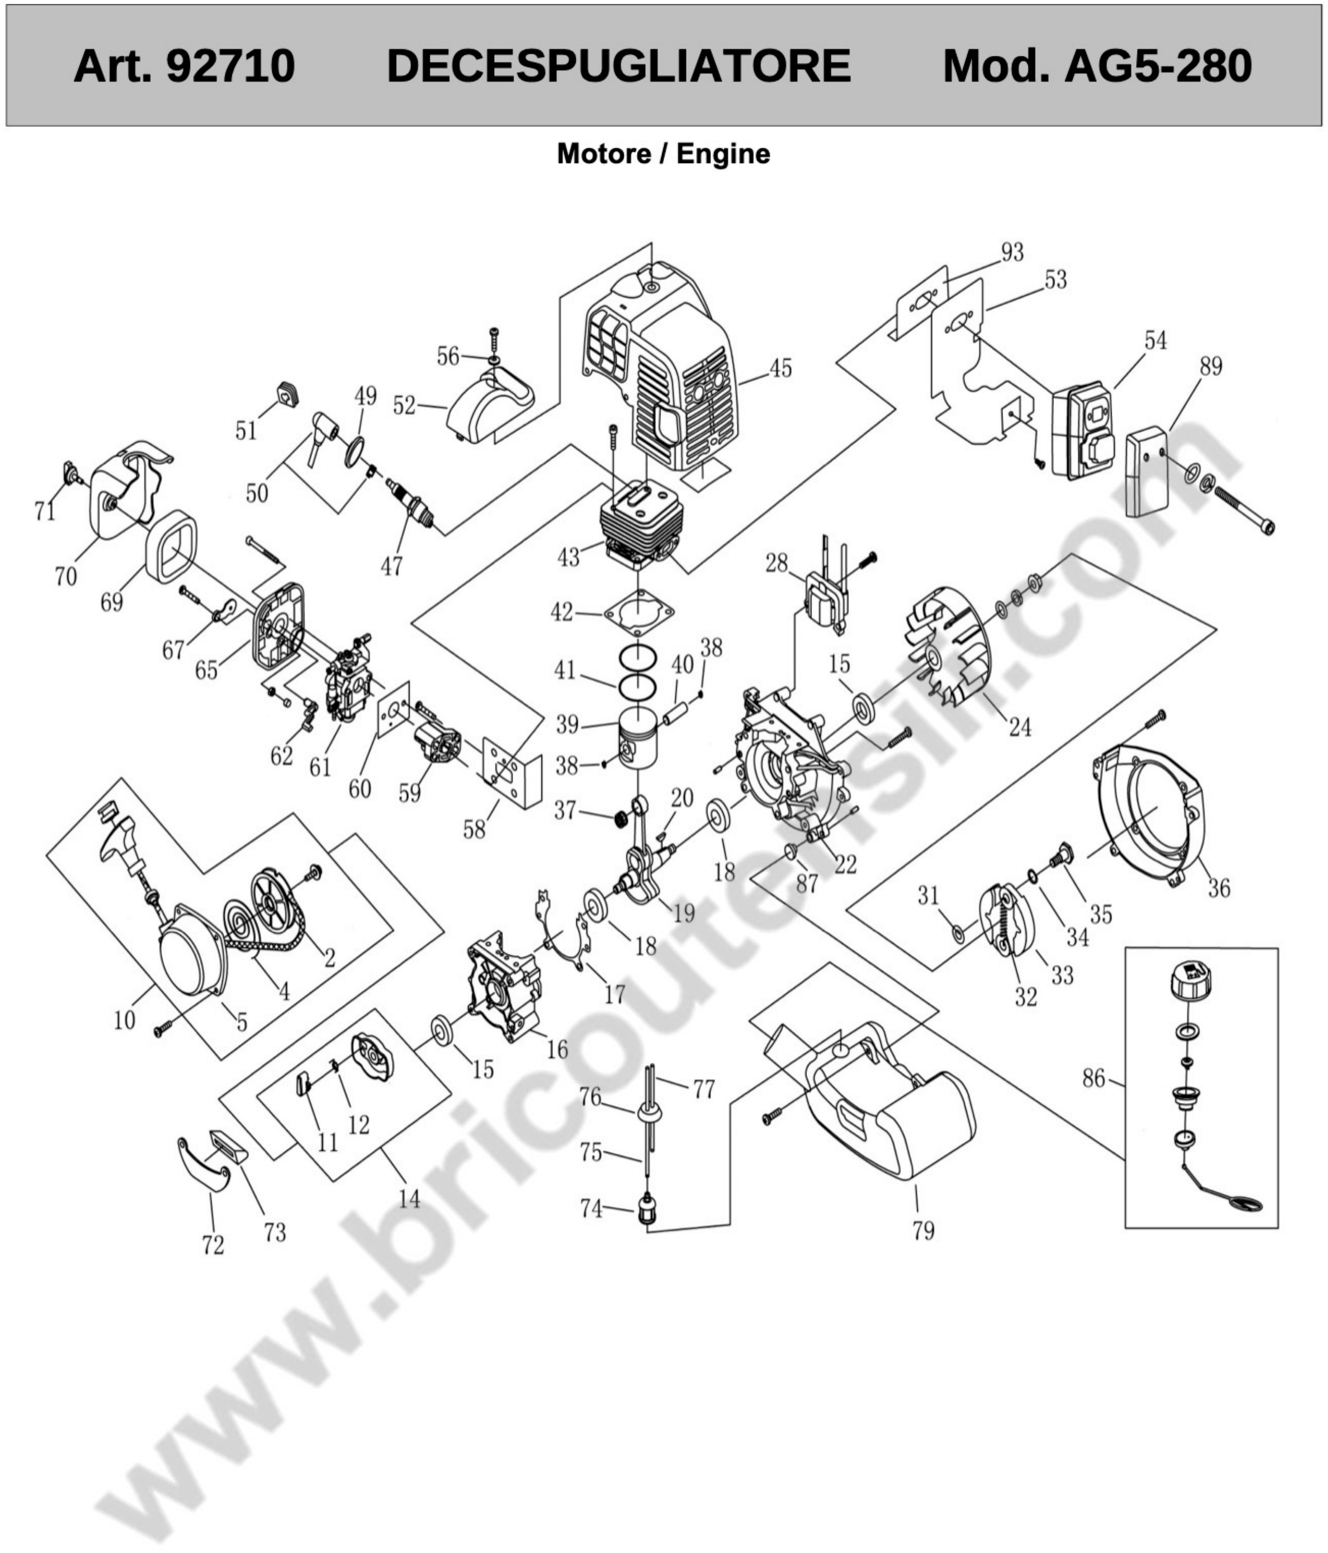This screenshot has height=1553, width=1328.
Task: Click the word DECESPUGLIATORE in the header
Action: point(618,66)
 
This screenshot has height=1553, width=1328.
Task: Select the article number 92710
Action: point(230,66)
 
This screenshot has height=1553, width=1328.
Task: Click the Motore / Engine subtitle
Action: point(663,154)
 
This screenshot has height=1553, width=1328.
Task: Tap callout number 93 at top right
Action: point(1012,253)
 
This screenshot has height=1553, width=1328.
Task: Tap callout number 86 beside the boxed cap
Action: point(1093,1078)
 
